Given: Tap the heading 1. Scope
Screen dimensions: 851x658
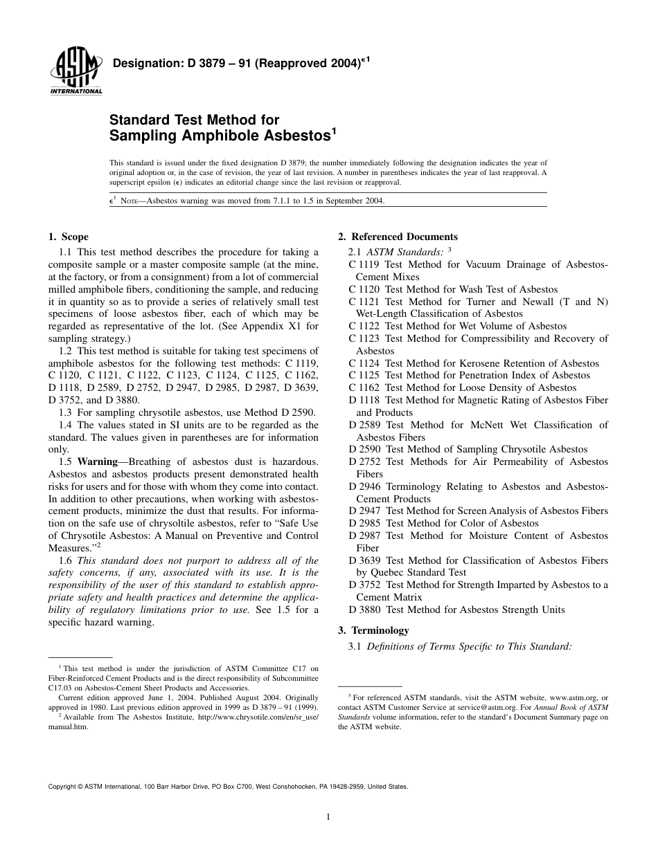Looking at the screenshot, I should [69, 237].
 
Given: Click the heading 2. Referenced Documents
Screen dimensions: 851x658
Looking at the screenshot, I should [398, 237].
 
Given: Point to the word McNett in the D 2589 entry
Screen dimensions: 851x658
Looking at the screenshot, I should [491, 425].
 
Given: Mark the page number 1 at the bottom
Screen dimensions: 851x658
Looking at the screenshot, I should [328, 817].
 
